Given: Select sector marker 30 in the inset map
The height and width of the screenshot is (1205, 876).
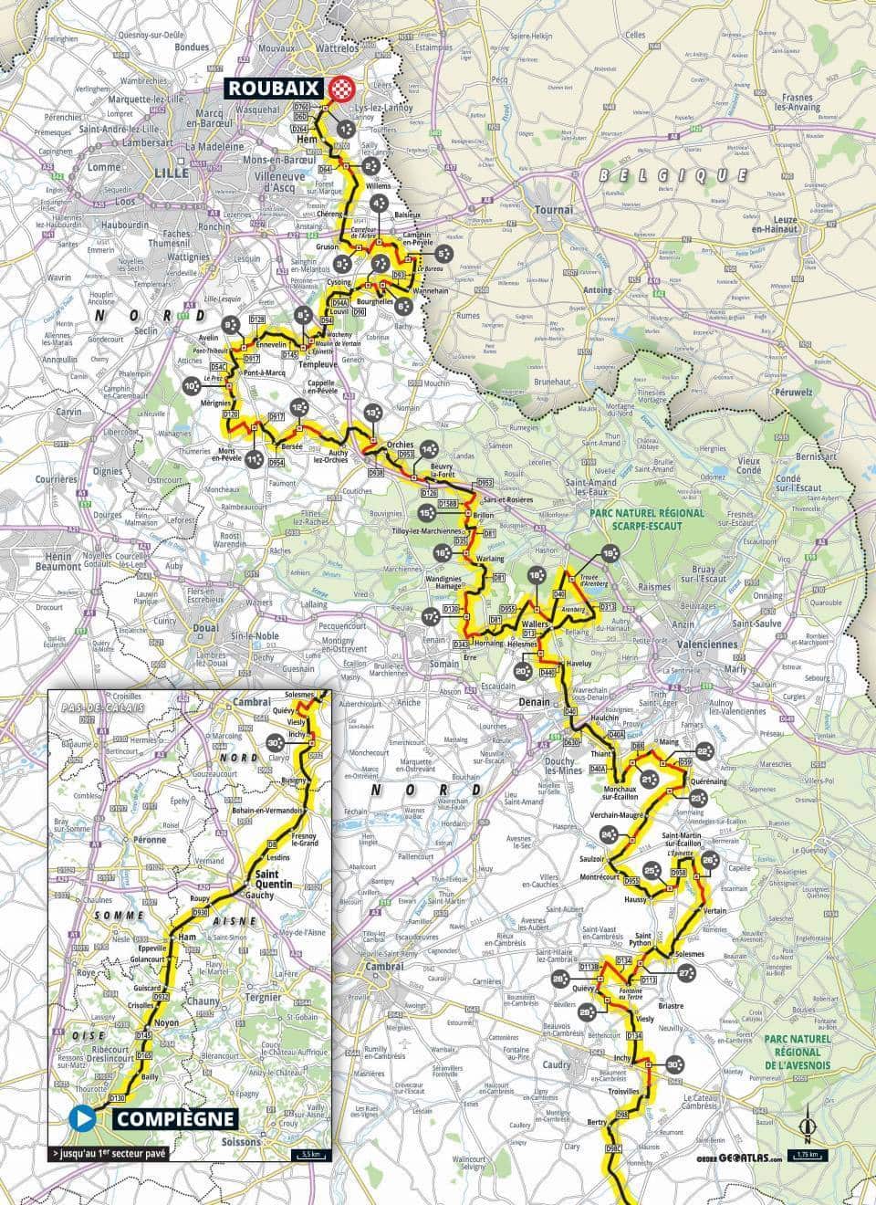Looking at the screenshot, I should [x=276, y=743].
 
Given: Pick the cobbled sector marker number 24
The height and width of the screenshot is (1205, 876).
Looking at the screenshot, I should [x=609, y=833].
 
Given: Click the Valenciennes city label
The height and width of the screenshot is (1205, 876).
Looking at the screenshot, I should [x=709, y=644].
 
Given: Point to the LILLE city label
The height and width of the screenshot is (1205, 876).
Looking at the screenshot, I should [x=170, y=172].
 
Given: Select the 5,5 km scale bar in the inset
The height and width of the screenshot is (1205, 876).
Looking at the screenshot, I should [x=308, y=1155].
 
